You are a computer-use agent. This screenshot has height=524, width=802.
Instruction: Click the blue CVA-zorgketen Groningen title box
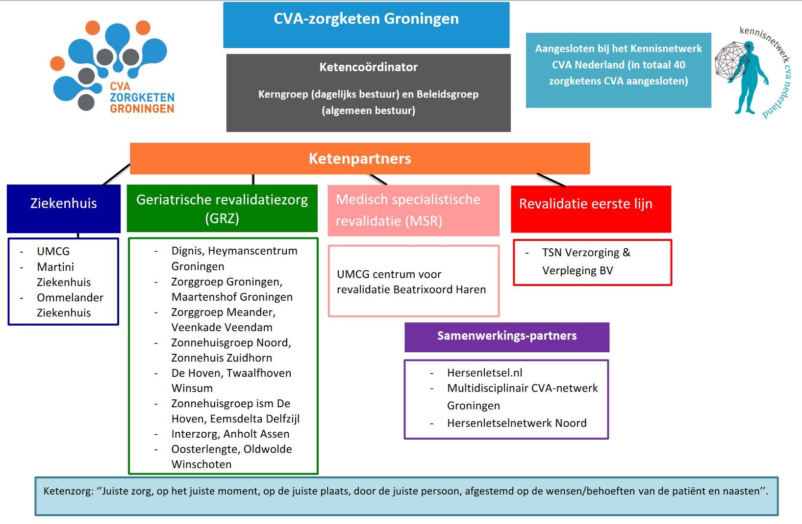click(366, 25)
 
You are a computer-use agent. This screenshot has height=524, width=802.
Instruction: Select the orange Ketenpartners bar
click(360, 158)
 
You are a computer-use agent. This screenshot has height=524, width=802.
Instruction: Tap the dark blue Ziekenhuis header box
click(64, 208)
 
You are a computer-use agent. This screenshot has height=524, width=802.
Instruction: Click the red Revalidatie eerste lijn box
click(591, 209)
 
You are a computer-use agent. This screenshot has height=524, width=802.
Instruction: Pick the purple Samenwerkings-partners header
click(507, 337)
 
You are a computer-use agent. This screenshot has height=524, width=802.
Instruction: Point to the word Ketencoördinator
click(369, 67)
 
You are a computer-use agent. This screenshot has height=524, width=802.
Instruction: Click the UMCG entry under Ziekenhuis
click(53, 251)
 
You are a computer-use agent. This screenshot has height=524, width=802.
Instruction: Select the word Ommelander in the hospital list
click(70, 297)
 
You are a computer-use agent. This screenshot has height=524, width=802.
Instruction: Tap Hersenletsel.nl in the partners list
click(484, 373)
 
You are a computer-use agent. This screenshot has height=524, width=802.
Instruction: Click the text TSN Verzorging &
click(586, 253)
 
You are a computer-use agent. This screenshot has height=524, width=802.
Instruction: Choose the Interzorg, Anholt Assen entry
click(230, 434)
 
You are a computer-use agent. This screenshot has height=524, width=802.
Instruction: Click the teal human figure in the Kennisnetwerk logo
click(751, 79)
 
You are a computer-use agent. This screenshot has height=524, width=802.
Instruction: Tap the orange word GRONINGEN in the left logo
click(142, 109)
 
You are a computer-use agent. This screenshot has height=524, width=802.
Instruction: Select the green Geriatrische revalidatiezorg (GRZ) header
click(222, 209)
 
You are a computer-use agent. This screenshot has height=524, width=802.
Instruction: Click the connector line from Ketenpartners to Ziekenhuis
click(116, 175)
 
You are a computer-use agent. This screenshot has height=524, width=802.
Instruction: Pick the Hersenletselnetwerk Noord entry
click(517, 423)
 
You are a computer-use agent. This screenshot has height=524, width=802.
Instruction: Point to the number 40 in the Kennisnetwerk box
click(679, 65)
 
